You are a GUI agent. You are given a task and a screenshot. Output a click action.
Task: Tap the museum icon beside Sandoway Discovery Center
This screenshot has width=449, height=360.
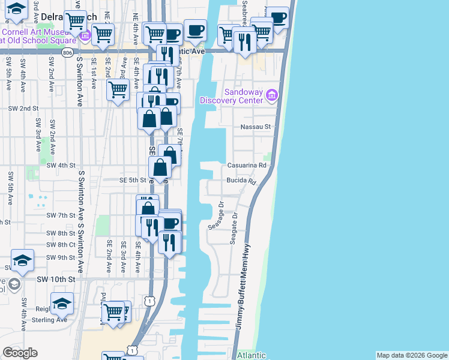tap(271, 95)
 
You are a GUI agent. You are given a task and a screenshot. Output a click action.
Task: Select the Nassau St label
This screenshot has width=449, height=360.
tap(256, 127)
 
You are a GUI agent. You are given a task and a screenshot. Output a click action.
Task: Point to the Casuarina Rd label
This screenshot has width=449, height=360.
tap(246, 165)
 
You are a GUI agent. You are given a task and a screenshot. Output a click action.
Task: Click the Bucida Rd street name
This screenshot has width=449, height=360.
tap(241, 180)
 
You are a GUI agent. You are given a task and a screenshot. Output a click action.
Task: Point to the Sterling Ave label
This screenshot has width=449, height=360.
tap(53, 320)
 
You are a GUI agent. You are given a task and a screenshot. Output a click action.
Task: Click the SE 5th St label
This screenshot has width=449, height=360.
tap(133, 179)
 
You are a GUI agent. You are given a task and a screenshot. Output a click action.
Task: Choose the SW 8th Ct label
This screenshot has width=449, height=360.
tap(58, 245)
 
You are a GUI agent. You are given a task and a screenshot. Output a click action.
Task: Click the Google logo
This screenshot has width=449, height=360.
tap(20, 353)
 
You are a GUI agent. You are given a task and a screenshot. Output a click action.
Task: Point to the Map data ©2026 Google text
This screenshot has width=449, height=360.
tap(412, 355)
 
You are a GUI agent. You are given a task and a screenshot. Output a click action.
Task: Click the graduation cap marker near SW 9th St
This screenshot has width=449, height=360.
tap(22, 260)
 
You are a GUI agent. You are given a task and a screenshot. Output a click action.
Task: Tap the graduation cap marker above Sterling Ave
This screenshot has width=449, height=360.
tap(62, 303)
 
